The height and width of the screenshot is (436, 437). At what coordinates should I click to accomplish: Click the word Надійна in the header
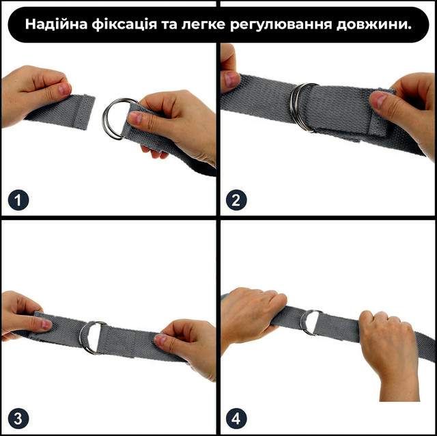point(55,25)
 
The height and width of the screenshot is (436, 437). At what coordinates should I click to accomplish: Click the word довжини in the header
point(374,25)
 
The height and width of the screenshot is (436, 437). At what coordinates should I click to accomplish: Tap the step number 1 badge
point(19,200)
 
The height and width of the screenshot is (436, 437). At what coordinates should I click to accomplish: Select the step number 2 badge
point(238,200)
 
